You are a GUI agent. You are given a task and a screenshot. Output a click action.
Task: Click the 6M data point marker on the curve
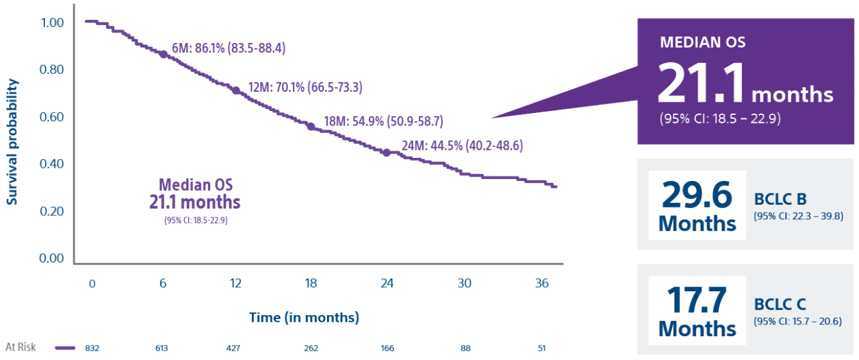[x=163, y=54]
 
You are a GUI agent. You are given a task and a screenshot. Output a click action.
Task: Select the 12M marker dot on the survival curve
[x=236, y=90]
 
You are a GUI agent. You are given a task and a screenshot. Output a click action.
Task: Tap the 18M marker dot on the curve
[x=311, y=126]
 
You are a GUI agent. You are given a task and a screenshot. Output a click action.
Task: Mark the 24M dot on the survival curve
[x=387, y=153]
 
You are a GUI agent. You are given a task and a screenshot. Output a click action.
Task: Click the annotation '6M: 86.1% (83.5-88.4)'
[x=229, y=48]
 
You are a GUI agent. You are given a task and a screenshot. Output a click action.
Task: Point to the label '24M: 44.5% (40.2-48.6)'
[x=462, y=146]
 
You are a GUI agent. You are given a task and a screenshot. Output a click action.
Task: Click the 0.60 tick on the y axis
[x=51, y=117]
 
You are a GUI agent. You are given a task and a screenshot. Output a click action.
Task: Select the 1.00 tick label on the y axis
[x=51, y=23]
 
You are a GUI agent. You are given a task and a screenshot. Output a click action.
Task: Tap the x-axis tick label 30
[x=465, y=283]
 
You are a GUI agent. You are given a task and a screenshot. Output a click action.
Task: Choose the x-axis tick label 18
[x=311, y=283]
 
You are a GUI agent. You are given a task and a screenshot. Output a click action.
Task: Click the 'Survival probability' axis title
[x=13, y=141]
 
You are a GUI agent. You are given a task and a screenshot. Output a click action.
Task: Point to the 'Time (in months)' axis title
[x=304, y=318]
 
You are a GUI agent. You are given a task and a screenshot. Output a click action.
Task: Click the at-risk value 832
[x=93, y=347]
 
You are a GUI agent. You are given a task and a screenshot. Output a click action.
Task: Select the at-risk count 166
[x=387, y=347]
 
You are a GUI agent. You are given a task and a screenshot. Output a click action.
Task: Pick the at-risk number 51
[x=542, y=347]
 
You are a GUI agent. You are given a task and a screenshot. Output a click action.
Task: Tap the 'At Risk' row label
[x=20, y=347]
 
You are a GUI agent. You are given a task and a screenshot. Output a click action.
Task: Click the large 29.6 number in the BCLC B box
[x=697, y=196]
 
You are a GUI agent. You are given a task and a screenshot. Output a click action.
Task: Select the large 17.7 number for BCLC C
[x=697, y=301]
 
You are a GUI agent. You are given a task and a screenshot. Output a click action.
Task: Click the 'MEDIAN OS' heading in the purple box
[x=702, y=43]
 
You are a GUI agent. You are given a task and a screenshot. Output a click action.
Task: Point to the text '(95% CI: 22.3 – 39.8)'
[x=798, y=216]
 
